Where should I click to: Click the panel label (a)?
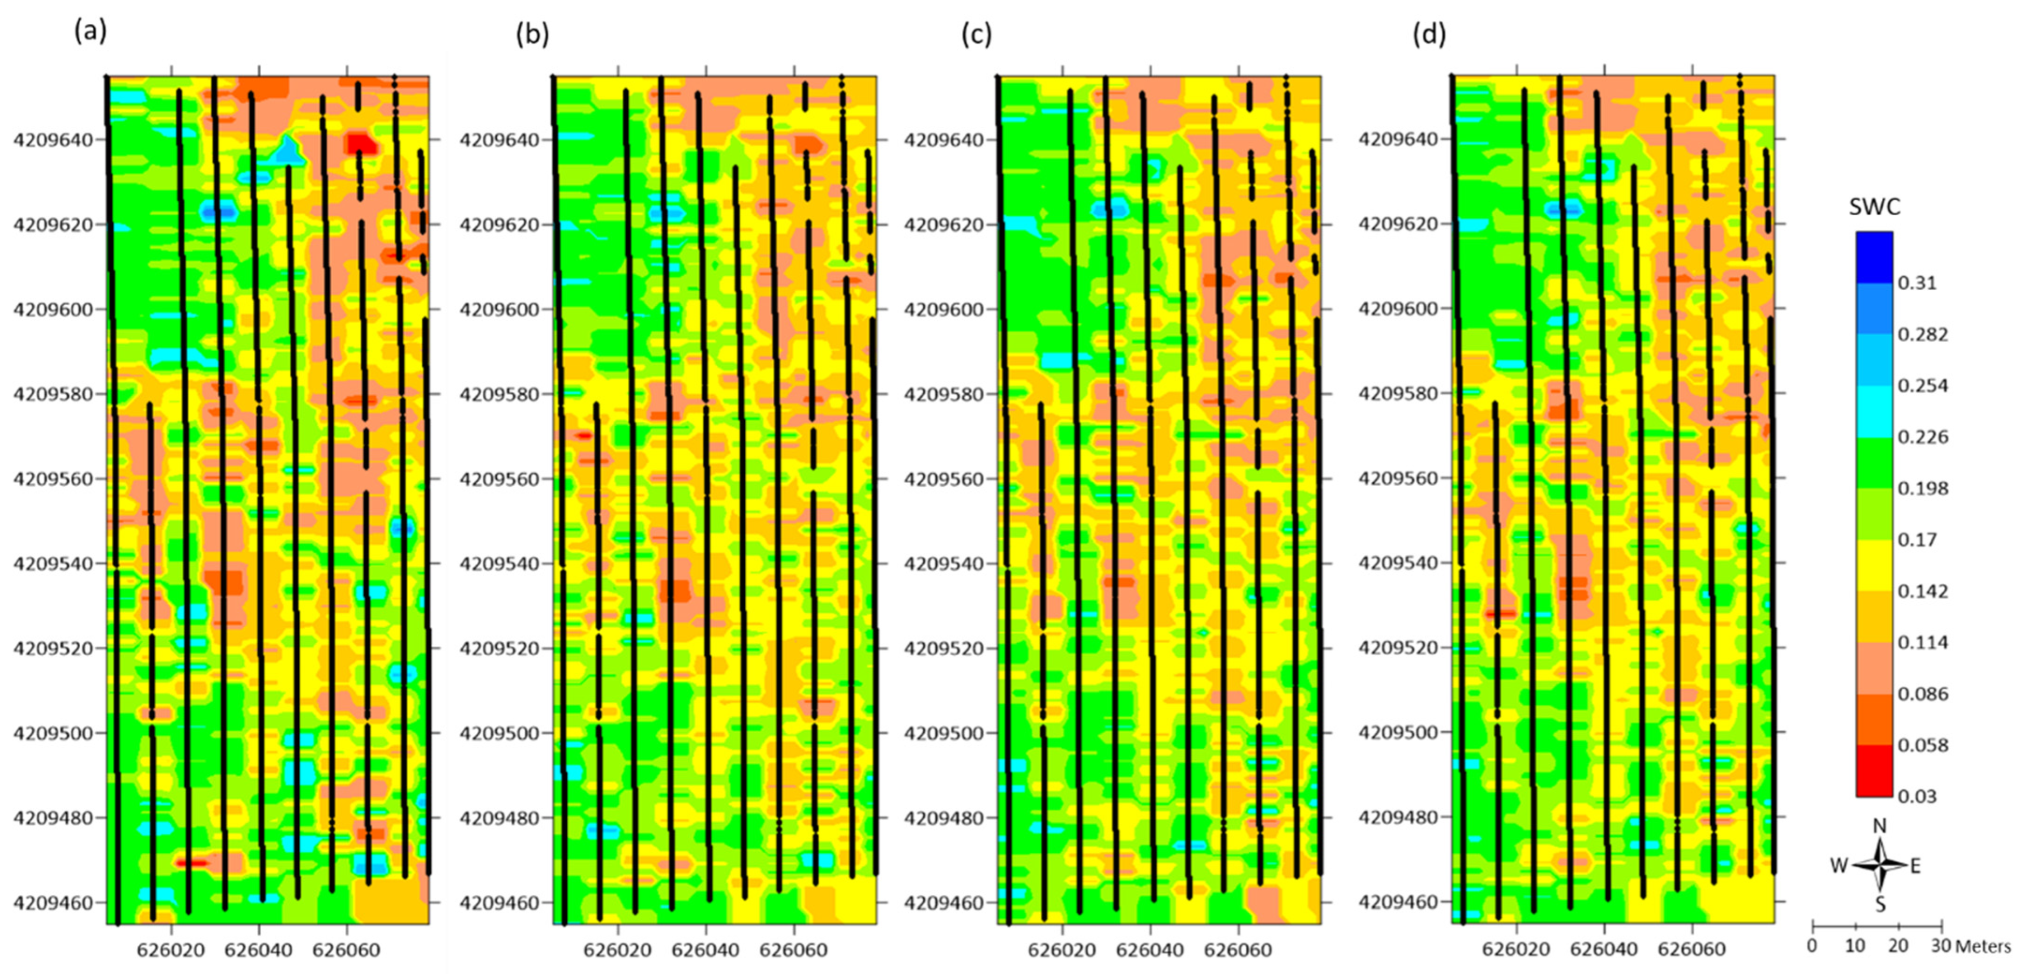pyautogui.click(x=90, y=32)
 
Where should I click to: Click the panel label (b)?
pyautogui.click(x=532, y=35)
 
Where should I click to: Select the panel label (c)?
pyautogui.click(x=976, y=35)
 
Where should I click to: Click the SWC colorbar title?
pyautogui.click(x=1875, y=207)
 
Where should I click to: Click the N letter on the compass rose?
pyautogui.click(x=1879, y=826)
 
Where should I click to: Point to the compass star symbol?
pyautogui.click(x=1880, y=865)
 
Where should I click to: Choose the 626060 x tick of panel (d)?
pyautogui.click(x=1692, y=950)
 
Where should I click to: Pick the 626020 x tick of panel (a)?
pyautogui.click(x=171, y=951)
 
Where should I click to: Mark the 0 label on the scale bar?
pyautogui.click(x=1812, y=945)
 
